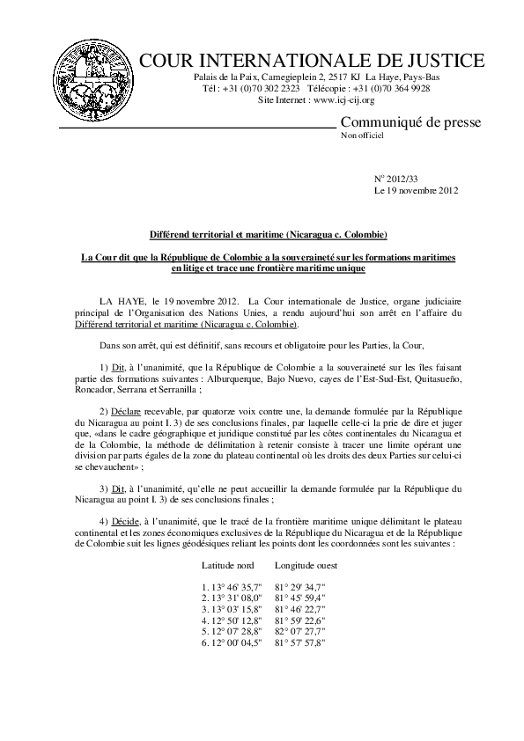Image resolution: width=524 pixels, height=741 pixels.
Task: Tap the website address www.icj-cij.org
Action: coord(343,101)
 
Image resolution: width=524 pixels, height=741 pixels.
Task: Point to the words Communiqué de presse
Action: coord(410,121)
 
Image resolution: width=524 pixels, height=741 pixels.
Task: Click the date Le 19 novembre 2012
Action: coord(417,190)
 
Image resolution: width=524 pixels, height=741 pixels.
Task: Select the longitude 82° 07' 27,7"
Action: coord(301,631)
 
